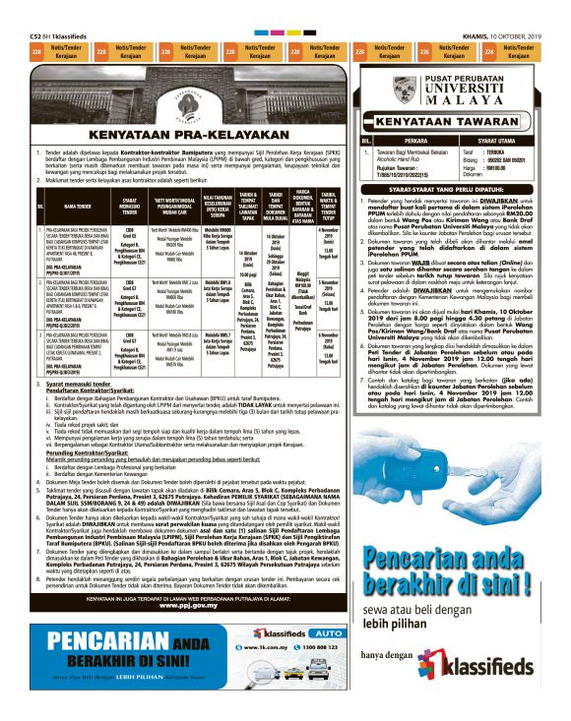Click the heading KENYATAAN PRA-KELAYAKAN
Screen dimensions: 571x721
180,136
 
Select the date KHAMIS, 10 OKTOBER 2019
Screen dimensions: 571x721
507,36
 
